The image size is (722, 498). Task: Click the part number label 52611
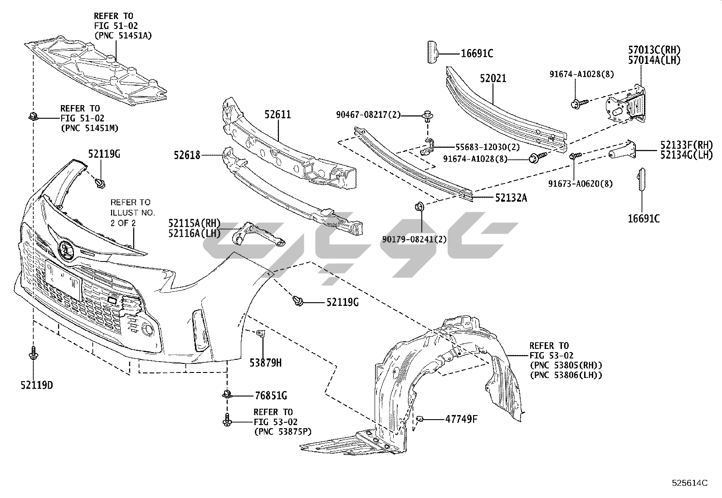tap(278, 115)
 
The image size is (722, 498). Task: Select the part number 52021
tap(493, 79)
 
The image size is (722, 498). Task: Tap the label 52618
tap(186, 155)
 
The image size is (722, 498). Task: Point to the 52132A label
tap(511, 198)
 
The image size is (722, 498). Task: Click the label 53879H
tap(265, 363)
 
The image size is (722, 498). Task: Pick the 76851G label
tap(271, 396)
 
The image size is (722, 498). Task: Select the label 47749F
tap(461, 419)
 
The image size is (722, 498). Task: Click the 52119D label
tap(36, 386)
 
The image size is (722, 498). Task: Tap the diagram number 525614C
tap(689, 483)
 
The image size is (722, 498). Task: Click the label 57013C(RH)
tap(654, 50)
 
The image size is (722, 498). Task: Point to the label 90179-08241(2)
tap(421, 239)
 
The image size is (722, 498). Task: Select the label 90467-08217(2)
tap(369, 115)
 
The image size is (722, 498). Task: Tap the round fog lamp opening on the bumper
tap(147, 330)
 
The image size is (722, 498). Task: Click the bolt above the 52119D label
tap(33, 353)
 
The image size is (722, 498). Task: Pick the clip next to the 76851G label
tap(227, 394)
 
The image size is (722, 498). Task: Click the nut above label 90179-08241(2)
tap(419, 207)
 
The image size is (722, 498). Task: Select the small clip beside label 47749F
tap(420, 419)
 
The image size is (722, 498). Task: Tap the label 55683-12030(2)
tap(481, 147)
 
